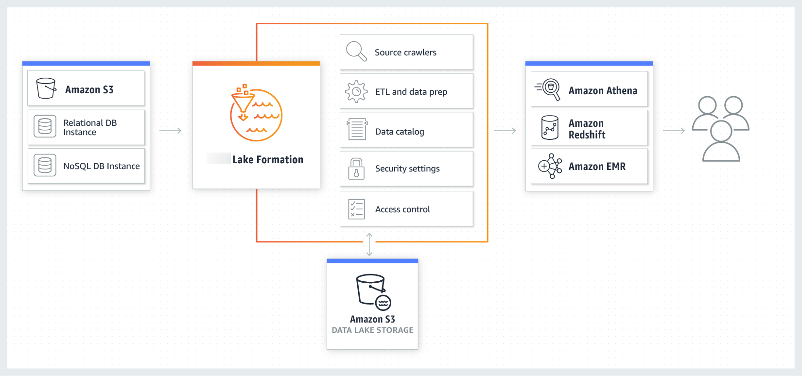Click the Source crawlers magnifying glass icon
[356, 51]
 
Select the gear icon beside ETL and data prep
[356, 91]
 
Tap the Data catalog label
[399, 132]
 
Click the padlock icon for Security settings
[356, 169]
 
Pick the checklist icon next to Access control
[356, 209]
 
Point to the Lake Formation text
[267, 159]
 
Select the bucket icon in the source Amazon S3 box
[46, 88]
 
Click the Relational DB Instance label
[90, 127]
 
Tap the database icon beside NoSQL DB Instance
[45, 166]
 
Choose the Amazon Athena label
[603, 91]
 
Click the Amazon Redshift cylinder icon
[550, 127]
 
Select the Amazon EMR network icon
[550, 166]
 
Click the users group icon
[720, 129]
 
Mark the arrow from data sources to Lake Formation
[170, 131]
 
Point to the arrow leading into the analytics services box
[505, 131]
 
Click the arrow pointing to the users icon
[674, 131]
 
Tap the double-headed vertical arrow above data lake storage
[369, 244]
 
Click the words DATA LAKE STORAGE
[372, 330]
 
